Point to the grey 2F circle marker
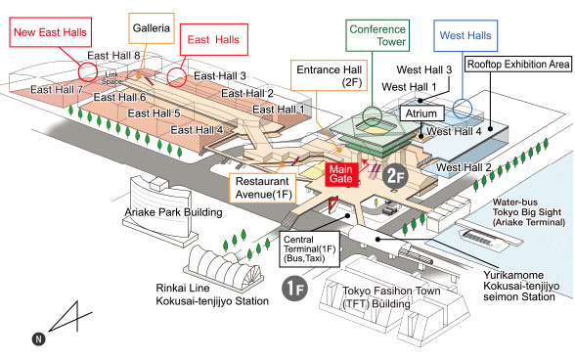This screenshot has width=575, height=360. (x=393, y=177)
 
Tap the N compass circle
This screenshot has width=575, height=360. (x=38, y=338)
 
